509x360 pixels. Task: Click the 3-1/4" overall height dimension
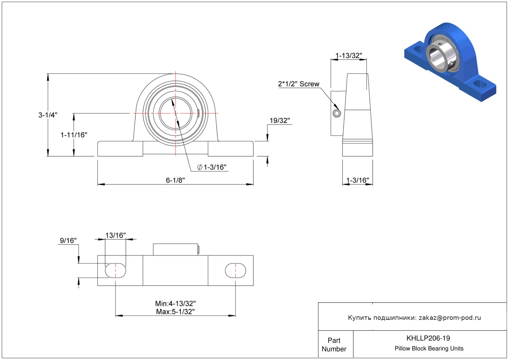48,115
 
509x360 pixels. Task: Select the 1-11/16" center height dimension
74,135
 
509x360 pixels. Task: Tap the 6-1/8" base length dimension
175,180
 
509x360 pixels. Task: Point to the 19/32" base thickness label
280,121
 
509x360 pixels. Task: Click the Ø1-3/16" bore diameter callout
212,167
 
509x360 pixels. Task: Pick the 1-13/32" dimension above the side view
349,56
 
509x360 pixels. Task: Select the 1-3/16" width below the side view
358,180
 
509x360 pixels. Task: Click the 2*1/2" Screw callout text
299,84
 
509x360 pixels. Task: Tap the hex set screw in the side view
337,113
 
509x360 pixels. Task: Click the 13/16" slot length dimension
116,235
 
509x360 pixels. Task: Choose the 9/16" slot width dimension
68,240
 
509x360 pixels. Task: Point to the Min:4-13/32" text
175,303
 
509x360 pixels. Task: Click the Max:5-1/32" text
175,311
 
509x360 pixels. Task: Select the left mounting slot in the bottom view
116,271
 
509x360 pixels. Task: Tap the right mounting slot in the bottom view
235,271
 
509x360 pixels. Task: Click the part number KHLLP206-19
428,338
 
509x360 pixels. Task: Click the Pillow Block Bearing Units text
429,349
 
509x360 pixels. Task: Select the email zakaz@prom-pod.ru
450,318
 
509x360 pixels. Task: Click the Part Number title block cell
334,345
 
